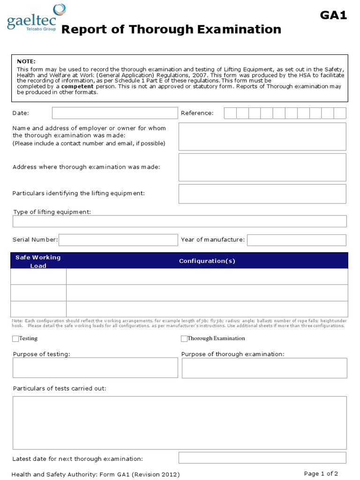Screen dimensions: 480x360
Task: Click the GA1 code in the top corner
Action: pyautogui.click(x=333, y=15)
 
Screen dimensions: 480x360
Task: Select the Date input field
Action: pyautogui.click(x=115, y=113)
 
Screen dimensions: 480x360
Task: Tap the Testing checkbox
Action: pyautogui.click(x=15, y=338)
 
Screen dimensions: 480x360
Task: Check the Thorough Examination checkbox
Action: pyautogui.click(x=184, y=338)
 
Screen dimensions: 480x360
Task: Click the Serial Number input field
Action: pyautogui.click(x=118, y=240)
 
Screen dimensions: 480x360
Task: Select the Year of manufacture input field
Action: pyautogui.click(x=296, y=240)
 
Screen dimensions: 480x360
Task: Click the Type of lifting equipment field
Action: pyautogui.click(x=180, y=221)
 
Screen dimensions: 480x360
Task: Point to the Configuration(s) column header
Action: pyautogui.click(x=207, y=261)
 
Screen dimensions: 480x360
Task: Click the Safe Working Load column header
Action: pyautogui.click(x=38, y=261)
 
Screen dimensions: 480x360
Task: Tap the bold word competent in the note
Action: pyautogui.click(x=77, y=87)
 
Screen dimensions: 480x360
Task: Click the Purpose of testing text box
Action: pyautogui.click(x=95, y=368)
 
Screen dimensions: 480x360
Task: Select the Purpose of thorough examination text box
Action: pyautogui.click(x=264, y=368)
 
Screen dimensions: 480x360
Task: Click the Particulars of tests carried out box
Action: pyautogui.click(x=180, y=422)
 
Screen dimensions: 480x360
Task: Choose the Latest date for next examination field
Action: pyautogui.click(x=262, y=458)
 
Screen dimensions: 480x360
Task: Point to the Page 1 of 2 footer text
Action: pyautogui.click(x=321, y=473)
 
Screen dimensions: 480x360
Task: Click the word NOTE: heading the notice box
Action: pyautogui.click(x=26, y=61)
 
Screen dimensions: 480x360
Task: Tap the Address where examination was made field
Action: pyautogui.click(x=262, y=167)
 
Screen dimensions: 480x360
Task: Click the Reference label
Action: pyautogui.click(x=197, y=113)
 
